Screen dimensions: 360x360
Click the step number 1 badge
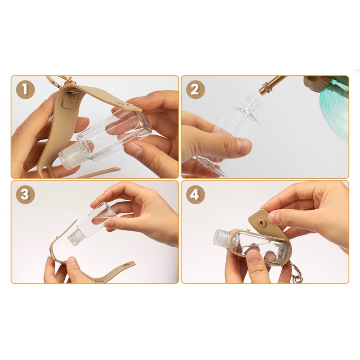pos(26,89)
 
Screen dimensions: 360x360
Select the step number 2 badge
pos(195,89)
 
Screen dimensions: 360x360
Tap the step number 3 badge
pos(25,194)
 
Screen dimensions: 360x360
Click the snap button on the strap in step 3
pos(126,266)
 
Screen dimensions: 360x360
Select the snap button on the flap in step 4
pos(261,222)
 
